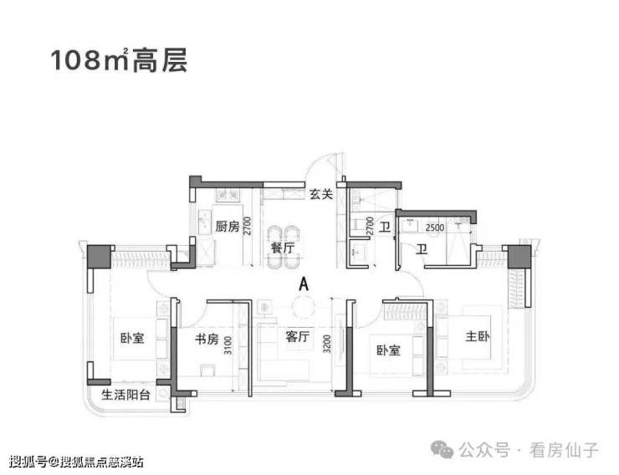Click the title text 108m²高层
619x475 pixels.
pyautogui.click(x=118, y=60)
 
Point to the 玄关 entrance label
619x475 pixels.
pyautogui.click(x=320, y=195)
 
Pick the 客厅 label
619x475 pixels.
pyautogui.click(x=298, y=338)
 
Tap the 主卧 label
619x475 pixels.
pyautogui.click(x=480, y=339)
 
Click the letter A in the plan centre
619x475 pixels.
pyautogui.click(x=304, y=284)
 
